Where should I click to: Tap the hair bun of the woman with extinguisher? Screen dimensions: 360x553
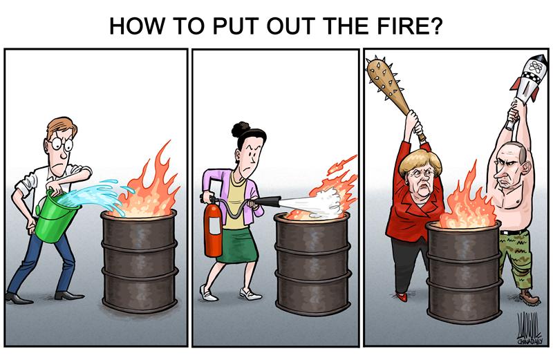click(x=241, y=129)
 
